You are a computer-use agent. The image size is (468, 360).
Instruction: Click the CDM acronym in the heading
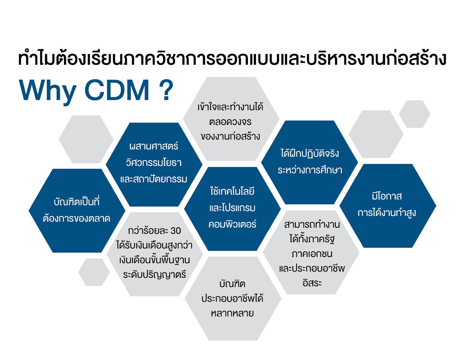117,90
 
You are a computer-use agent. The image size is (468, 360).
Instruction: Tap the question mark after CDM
166,90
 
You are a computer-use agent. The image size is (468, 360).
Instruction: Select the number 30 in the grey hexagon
175,231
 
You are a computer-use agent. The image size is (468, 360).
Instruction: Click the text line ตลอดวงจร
230,122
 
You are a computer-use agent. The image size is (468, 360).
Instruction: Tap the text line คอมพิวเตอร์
232,224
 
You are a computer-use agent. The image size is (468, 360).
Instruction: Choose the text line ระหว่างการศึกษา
310,170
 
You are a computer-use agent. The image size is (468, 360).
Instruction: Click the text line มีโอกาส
387,196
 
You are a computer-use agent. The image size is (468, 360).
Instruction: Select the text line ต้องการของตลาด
76,219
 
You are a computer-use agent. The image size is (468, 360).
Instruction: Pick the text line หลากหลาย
232,313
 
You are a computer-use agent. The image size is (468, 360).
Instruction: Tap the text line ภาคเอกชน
312,254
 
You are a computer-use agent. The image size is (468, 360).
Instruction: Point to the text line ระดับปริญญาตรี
154,274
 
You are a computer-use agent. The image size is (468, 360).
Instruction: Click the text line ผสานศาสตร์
154,146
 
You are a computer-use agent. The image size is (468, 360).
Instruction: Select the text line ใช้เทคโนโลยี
232,191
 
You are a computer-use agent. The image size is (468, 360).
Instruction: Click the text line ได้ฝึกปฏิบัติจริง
310,153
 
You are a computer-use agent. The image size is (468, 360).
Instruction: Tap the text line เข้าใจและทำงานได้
230,106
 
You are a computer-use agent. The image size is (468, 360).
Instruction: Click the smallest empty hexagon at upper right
415,114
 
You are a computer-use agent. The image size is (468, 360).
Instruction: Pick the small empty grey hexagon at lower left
94,272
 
